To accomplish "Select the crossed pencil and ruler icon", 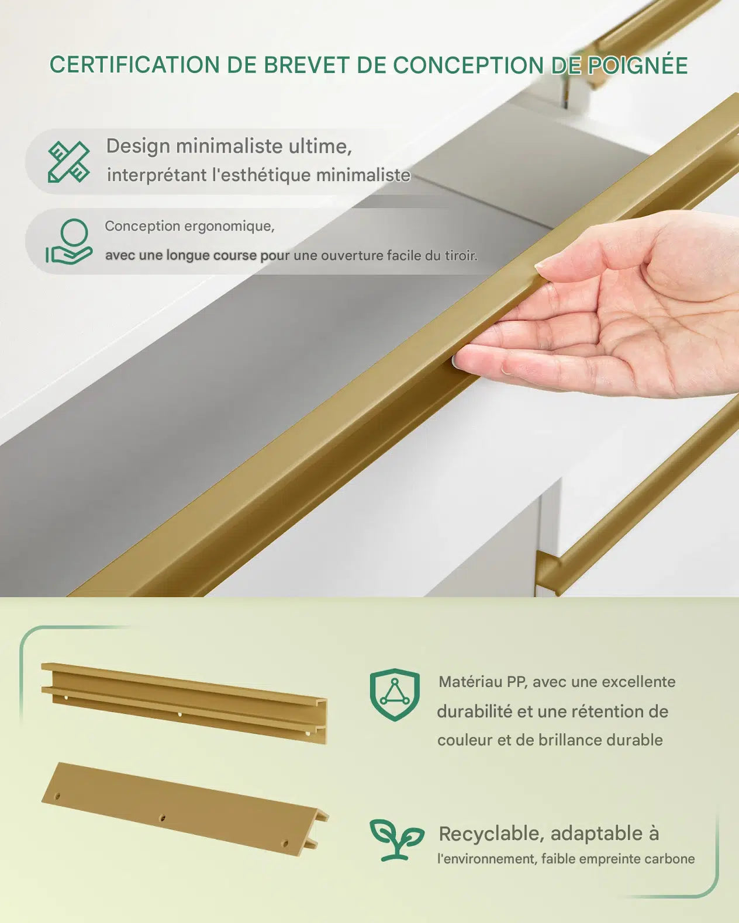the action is (x=69, y=162).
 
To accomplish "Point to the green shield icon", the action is (x=395, y=695).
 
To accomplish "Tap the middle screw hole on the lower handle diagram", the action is (x=163, y=818).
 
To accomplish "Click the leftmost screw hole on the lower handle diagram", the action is (x=57, y=796).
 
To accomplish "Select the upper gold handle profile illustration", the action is (x=184, y=703).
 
